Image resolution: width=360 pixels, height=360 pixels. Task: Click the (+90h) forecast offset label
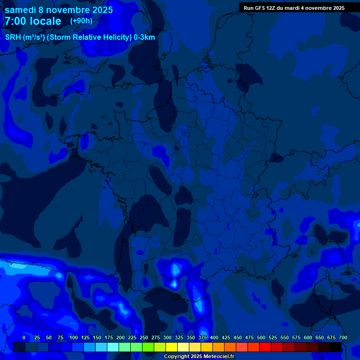click(81, 21)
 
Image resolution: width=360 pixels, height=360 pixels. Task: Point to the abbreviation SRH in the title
click(13, 37)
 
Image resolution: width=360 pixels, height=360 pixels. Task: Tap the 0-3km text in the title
click(144, 37)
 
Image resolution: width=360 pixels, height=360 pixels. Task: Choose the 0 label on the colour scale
click(24, 337)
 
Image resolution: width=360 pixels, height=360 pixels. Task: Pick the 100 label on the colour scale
click(74, 337)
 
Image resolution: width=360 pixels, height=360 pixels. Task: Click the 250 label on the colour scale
click(144, 337)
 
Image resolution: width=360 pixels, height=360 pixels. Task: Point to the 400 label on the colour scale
click(214, 337)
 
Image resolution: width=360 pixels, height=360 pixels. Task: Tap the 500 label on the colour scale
click(261, 337)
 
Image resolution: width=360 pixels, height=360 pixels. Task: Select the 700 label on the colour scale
click(343, 337)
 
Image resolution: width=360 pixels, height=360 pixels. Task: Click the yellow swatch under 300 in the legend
click(172, 347)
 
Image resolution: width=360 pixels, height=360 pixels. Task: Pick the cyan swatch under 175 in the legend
click(113, 347)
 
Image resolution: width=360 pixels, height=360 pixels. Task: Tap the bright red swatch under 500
click(265, 347)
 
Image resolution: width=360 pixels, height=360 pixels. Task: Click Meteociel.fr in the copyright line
click(219, 357)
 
